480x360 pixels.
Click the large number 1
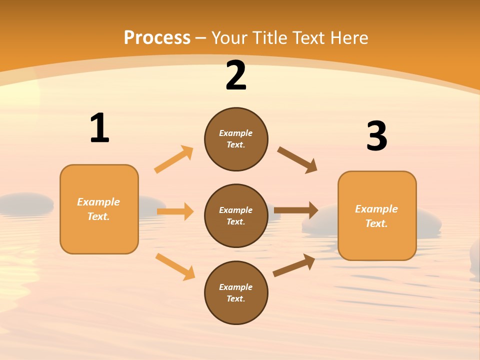(x=99, y=128)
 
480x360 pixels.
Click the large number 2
(x=236, y=76)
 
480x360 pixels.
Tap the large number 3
(x=376, y=136)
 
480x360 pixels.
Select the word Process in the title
(x=157, y=37)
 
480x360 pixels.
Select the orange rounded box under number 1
(x=99, y=209)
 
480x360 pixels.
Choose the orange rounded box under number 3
(x=377, y=216)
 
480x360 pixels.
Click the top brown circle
(x=236, y=139)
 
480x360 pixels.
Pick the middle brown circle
(x=236, y=215)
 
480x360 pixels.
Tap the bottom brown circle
(x=236, y=292)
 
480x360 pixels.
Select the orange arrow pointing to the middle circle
(x=175, y=211)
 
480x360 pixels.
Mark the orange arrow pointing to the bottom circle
(x=175, y=266)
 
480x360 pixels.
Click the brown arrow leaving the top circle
(x=297, y=160)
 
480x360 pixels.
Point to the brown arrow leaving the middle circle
(x=296, y=210)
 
